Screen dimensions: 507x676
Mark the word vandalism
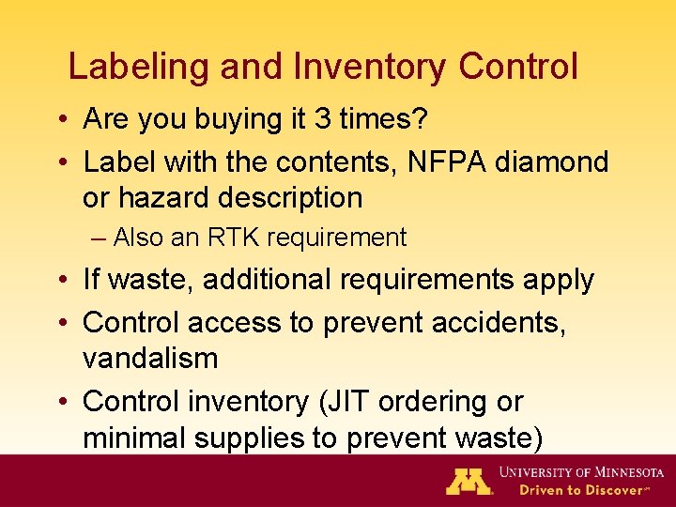[150, 359]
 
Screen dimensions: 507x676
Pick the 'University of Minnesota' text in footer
[581, 472]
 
